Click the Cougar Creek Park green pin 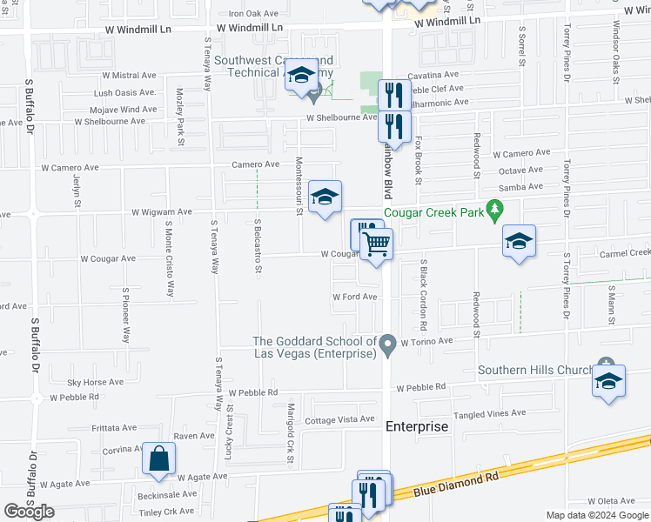click(x=495, y=210)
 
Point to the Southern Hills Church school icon click(x=608, y=380)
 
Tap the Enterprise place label click(x=417, y=426)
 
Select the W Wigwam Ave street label click(x=161, y=211)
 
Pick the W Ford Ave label click(x=354, y=297)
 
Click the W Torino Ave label click(x=426, y=342)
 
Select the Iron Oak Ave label click(x=253, y=14)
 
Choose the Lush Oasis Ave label click(x=124, y=92)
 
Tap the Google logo click(x=28, y=512)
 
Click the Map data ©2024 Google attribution click(x=596, y=515)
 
